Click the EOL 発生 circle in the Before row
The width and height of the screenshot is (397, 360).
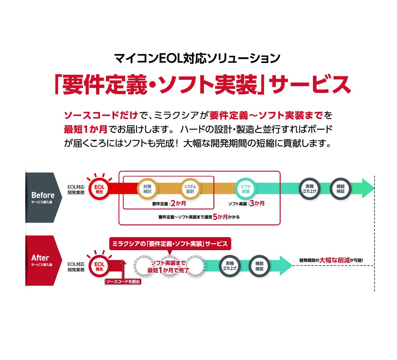[99, 189]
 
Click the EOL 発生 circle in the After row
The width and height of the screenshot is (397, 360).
[99, 266]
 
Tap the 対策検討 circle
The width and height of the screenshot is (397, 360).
[147, 189]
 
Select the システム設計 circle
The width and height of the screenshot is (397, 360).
[190, 189]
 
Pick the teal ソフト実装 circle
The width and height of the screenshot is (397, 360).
[245, 189]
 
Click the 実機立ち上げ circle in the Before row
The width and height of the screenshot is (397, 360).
[309, 189]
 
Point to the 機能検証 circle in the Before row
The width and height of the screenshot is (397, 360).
[340, 189]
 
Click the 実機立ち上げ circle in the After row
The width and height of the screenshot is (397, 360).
[230, 266]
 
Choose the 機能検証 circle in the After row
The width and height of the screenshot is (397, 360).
[259, 266]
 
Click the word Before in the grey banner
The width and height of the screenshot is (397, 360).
[43, 195]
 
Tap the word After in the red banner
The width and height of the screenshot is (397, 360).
[40, 258]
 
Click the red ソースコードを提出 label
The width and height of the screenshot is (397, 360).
[123, 282]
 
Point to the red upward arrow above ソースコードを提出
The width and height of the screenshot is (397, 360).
[123, 269]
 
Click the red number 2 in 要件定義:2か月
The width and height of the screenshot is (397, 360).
[173, 203]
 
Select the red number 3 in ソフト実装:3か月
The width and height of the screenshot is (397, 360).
[252, 203]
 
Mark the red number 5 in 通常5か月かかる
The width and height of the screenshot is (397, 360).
[215, 217]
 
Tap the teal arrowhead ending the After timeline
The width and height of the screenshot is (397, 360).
[286, 265]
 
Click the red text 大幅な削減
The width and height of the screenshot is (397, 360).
[335, 260]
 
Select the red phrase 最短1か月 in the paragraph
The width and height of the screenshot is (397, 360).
[86, 130]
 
